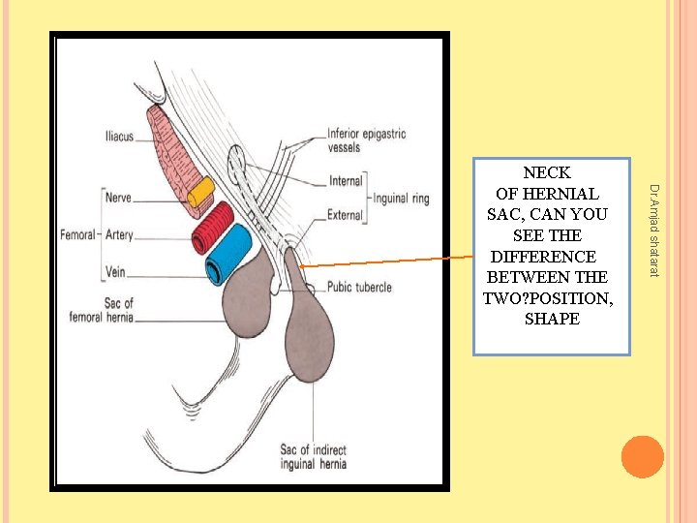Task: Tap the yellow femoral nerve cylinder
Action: pos(201,192)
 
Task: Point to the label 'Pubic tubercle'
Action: pos(359,287)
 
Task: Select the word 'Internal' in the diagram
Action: pos(346,180)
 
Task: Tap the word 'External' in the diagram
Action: pos(346,215)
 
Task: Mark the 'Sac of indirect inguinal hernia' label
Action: pos(313,457)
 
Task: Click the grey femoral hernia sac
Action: pos(251,303)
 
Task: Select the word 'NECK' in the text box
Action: pos(546,174)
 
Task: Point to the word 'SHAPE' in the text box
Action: pos(551,319)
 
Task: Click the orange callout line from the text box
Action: pos(387,261)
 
